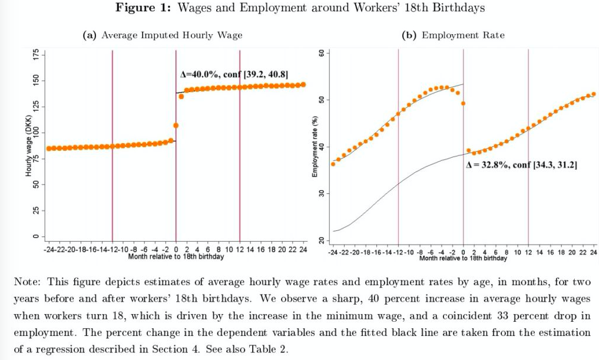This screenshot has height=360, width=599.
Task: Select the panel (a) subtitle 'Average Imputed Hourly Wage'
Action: pyautogui.click(x=171, y=35)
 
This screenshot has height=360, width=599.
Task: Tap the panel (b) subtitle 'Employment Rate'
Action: pyautogui.click(x=463, y=35)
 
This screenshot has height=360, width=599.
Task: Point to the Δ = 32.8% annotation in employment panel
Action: pyautogui.click(x=521, y=166)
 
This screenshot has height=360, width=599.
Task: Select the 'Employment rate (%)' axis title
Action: pyautogui.click(x=316, y=147)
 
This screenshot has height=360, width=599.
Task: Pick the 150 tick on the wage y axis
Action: pyautogui.click(x=35, y=80)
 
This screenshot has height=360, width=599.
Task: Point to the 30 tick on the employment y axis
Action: pyautogui.click(x=322, y=194)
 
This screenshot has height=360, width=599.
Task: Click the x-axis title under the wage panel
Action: pyautogui.click(x=176, y=257)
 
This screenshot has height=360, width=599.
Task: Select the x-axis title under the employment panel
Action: pyautogui.click(x=463, y=258)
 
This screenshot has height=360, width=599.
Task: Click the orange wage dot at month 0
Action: pyautogui.click(x=176, y=125)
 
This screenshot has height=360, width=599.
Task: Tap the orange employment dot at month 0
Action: pyautogui.click(x=464, y=103)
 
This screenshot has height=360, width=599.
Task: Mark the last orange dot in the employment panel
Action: pyautogui.click(x=593, y=94)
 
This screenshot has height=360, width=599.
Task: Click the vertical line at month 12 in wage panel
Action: pyautogui.click(x=240, y=147)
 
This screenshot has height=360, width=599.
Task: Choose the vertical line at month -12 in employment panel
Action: pyautogui.click(x=398, y=147)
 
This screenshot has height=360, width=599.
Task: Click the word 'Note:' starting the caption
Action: pyautogui.click(x=27, y=282)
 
